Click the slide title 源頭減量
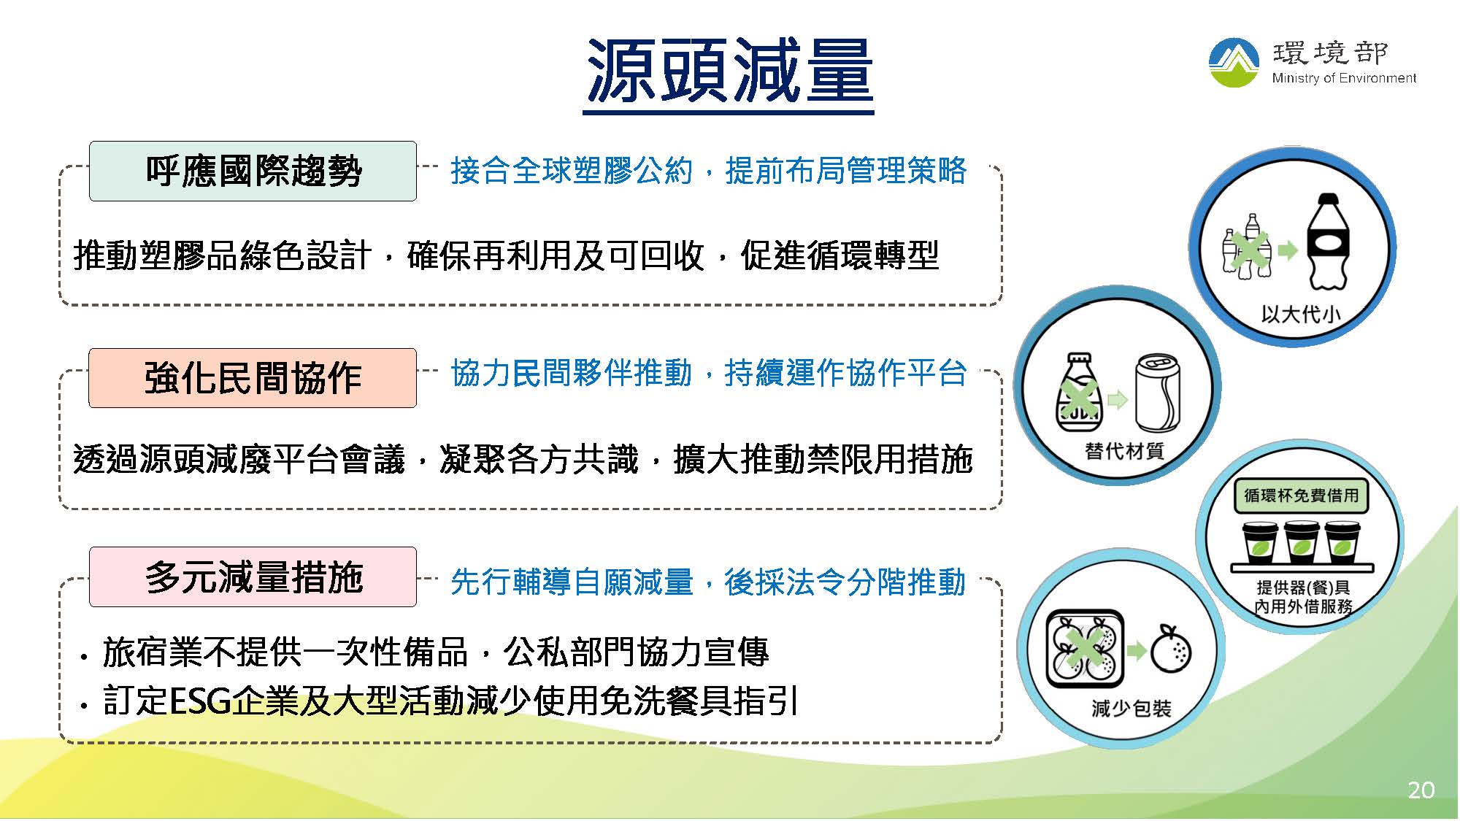[x=729, y=71]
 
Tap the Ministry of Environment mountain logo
[x=1234, y=63]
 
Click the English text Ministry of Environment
[x=1344, y=78]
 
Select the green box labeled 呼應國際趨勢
[x=253, y=171]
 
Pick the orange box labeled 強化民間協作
[x=253, y=378]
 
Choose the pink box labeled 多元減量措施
[x=253, y=577]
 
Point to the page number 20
[x=1421, y=790]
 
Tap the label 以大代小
[x=1301, y=315]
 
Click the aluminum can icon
[x=1158, y=393]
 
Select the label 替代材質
[x=1124, y=451]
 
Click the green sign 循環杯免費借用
[x=1301, y=496]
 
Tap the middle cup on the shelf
[x=1302, y=542]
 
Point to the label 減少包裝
[x=1131, y=708]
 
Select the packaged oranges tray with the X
[x=1085, y=649]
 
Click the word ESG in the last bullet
[x=200, y=701]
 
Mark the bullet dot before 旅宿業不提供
[x=85, y=658]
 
